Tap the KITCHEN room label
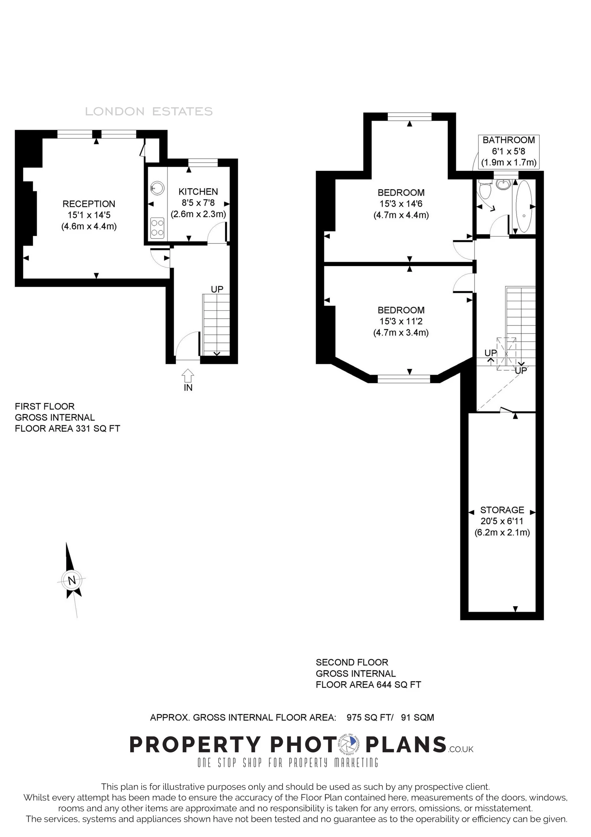point(198,192)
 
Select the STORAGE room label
point(502,510)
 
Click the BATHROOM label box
point(508,151)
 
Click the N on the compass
point(72,580)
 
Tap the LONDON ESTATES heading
point(149,112)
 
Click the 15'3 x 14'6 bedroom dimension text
point(401,204)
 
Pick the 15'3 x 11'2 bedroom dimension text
point(401,321)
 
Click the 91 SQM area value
point(418,718)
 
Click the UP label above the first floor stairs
point(217,289)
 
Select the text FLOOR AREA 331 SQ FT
point(67,428)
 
